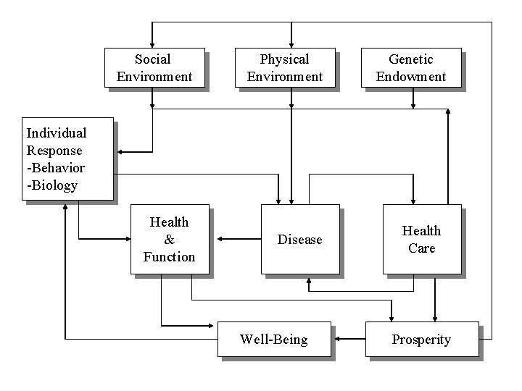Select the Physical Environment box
(284, 68)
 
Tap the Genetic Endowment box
(411, 68)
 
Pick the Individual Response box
(67, 159)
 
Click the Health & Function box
(169, 239)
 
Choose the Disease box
(299, 239)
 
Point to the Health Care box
(421, 239)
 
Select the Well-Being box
(273, 339)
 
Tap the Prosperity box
(421, 339)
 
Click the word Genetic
(411, 59)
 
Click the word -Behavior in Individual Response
(56, 168)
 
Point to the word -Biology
(52, 185)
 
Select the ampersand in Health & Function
(169, 240)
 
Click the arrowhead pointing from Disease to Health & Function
(216, 238)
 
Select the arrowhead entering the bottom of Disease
(310, 279)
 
